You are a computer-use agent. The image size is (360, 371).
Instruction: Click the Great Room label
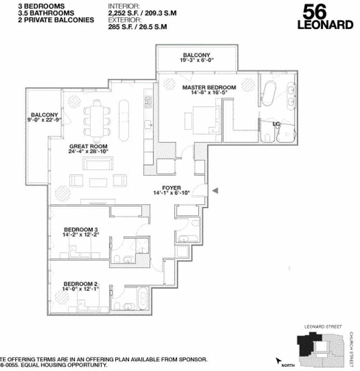[x=88, y=146]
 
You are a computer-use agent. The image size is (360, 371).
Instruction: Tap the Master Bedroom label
[x=209, y=87]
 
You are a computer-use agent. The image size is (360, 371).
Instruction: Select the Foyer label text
[x=171, y=188]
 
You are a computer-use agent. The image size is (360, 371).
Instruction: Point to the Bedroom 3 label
[x=81, y=230]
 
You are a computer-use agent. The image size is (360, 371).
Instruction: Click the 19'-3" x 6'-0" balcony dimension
[x=197, y=60]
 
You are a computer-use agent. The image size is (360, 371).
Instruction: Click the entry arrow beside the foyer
[x=215, y=191]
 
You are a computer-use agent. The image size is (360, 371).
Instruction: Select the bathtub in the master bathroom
[x=268, y=94]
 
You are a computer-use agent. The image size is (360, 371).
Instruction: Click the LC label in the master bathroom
[x=276, y=124]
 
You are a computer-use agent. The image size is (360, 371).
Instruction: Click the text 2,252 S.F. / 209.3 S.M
[x=142, y=13]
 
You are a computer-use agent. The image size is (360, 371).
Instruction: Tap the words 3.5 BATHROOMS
[x=46, y=13]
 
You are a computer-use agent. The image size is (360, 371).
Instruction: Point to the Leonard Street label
[x=323, y=327]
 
